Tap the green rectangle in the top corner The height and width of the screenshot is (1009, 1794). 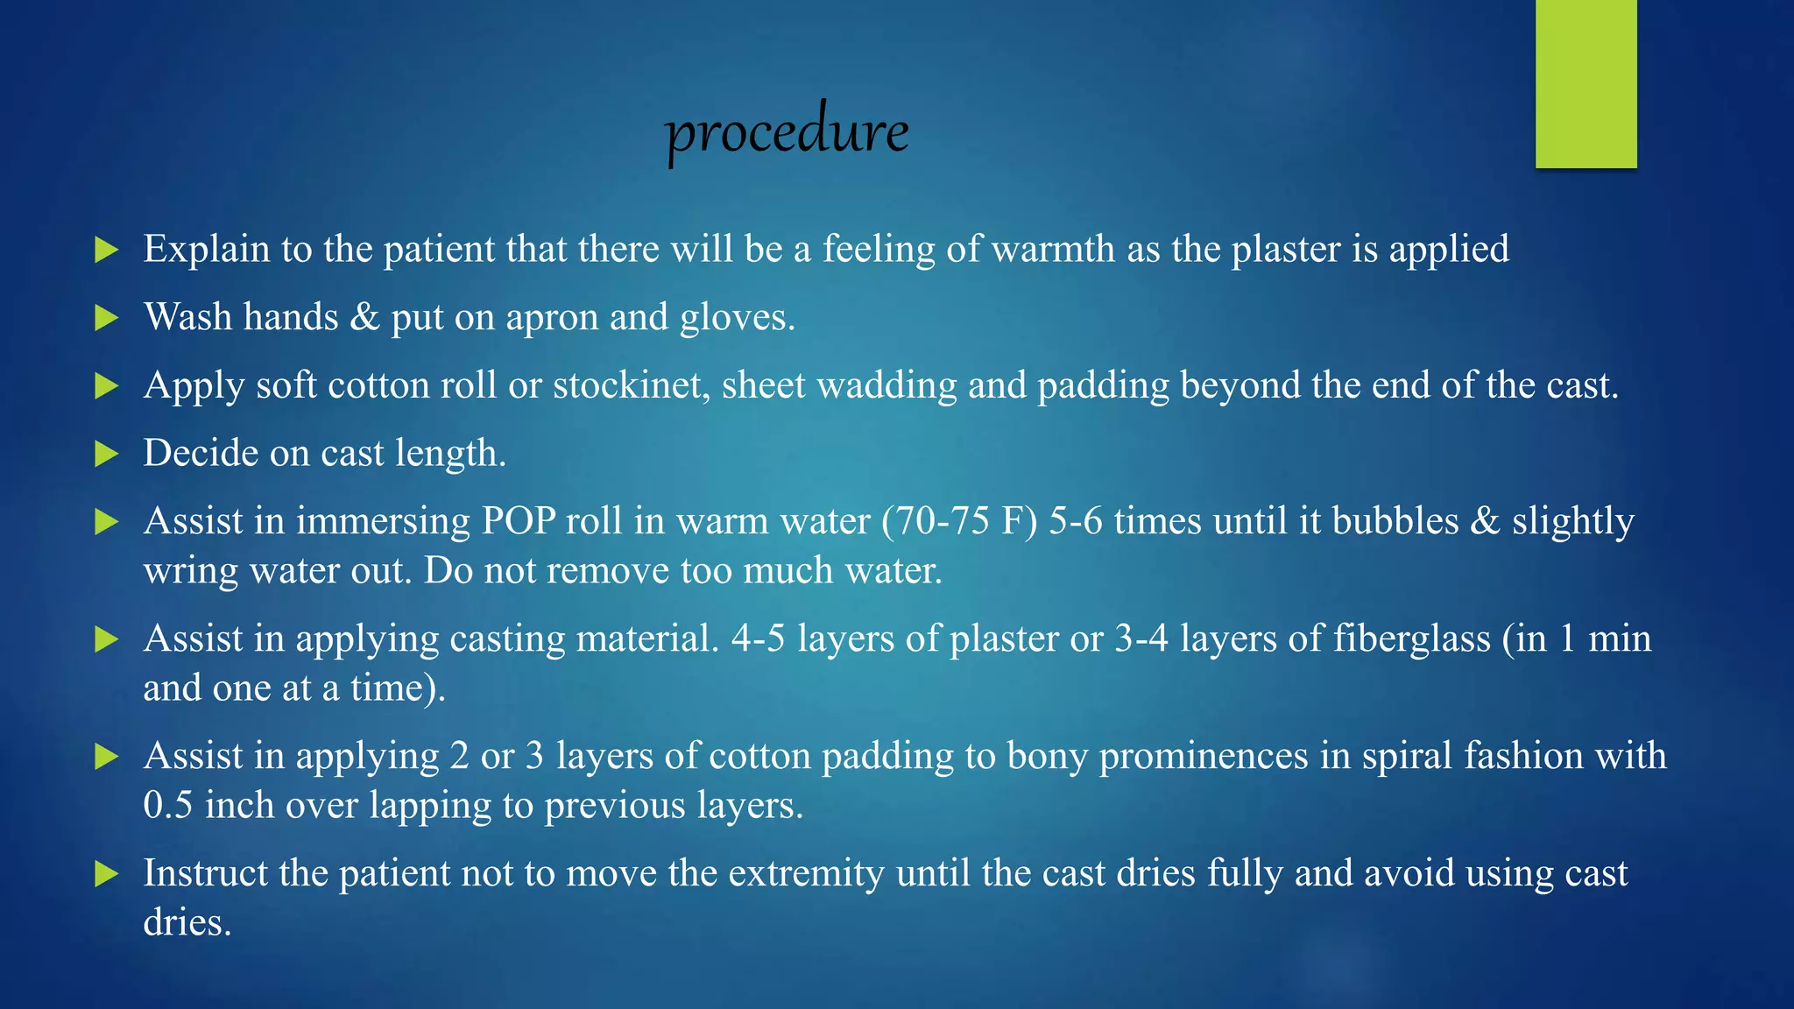tap(1586, 83)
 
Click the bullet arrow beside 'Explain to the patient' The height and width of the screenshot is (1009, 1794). tap(106, 250)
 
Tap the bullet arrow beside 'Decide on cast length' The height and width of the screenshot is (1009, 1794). tap(106, 454)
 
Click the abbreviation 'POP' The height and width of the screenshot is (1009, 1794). tap(518, 521)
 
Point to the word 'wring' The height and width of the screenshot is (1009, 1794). tap(190, 571)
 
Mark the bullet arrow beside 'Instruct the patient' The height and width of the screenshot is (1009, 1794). tap(106, 874)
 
